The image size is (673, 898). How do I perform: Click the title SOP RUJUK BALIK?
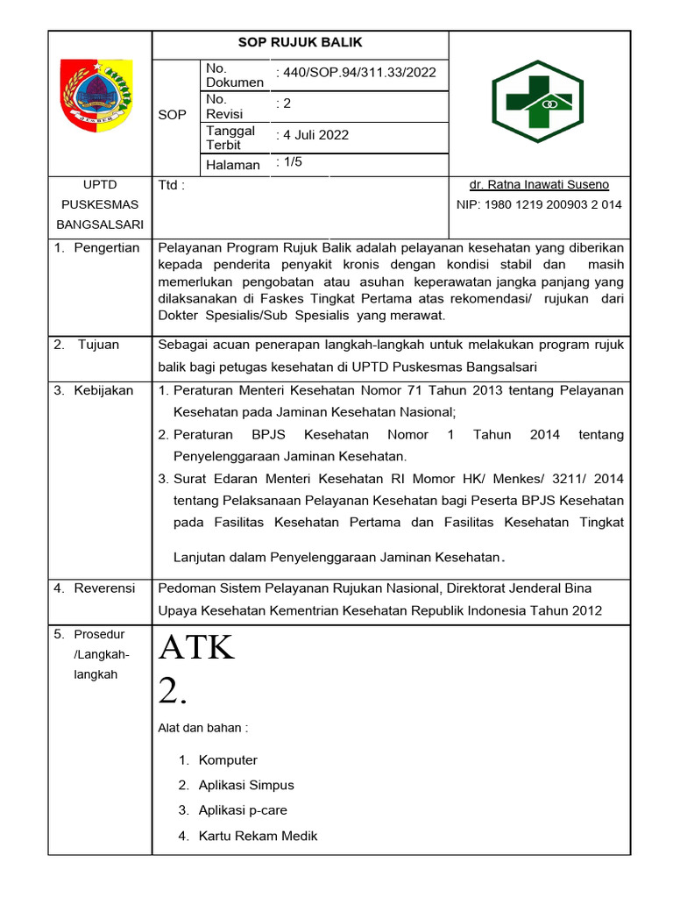coord(301,43)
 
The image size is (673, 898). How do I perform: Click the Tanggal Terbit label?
coord(230,138)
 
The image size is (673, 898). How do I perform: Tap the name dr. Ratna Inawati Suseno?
coord(539,185)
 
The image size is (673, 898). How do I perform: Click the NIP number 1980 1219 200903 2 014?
coord(539,205)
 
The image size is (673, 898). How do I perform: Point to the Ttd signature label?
coord(172,186)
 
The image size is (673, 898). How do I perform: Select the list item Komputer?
coord(228,760)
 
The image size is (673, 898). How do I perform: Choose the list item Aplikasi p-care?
coord(243,810)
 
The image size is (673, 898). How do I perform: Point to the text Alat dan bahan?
coord(202,727)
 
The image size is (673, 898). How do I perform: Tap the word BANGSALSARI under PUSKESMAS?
coord(99,224)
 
